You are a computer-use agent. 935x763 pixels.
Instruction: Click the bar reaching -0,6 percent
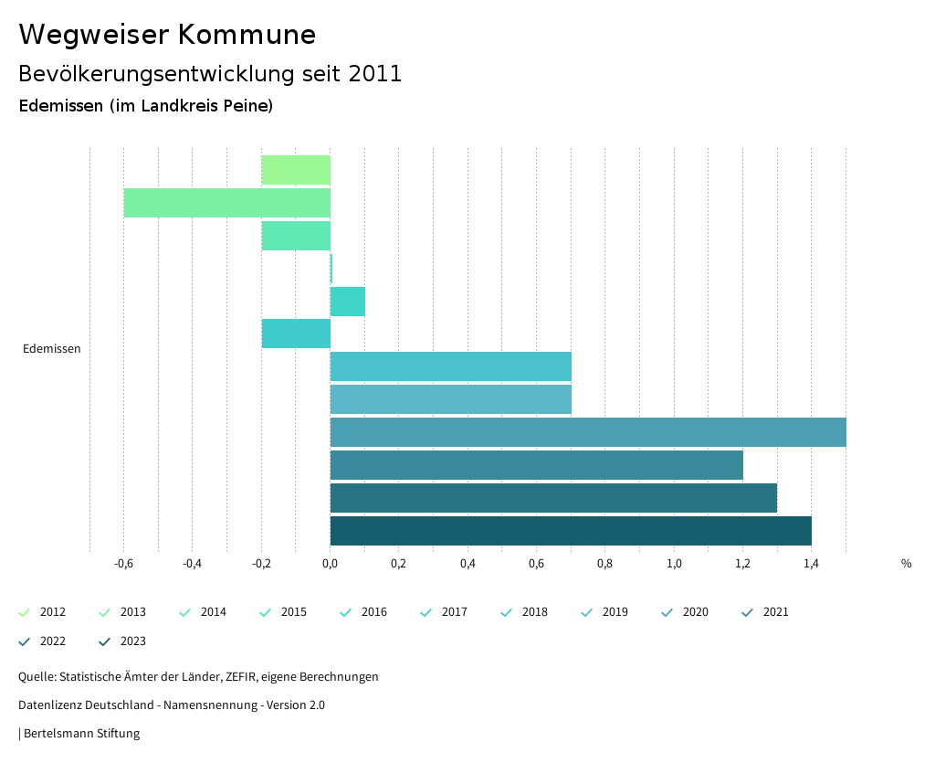click(x=226, y=203)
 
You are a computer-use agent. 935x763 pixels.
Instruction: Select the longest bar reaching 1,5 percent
click(x=588, y=432)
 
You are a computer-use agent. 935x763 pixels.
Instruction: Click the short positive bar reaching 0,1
click(x=348, y=302)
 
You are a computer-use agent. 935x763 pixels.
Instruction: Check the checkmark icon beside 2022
click(x=25, y=641)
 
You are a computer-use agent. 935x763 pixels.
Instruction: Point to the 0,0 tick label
click(x=330, y=564)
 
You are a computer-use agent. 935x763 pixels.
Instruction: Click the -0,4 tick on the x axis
click(x=192, y=564)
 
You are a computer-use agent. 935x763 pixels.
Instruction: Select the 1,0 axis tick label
click(x=674, y=564)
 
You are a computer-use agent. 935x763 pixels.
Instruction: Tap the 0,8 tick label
click(x=604, y=564)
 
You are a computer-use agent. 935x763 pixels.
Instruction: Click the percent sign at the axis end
click(x=906, y=564)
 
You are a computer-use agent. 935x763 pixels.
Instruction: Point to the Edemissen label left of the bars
click(x=52, y=349)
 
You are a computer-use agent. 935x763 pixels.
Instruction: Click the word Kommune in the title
click(x=247, y=35)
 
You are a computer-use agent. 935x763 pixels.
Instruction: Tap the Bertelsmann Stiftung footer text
click(x=81, y=734)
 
